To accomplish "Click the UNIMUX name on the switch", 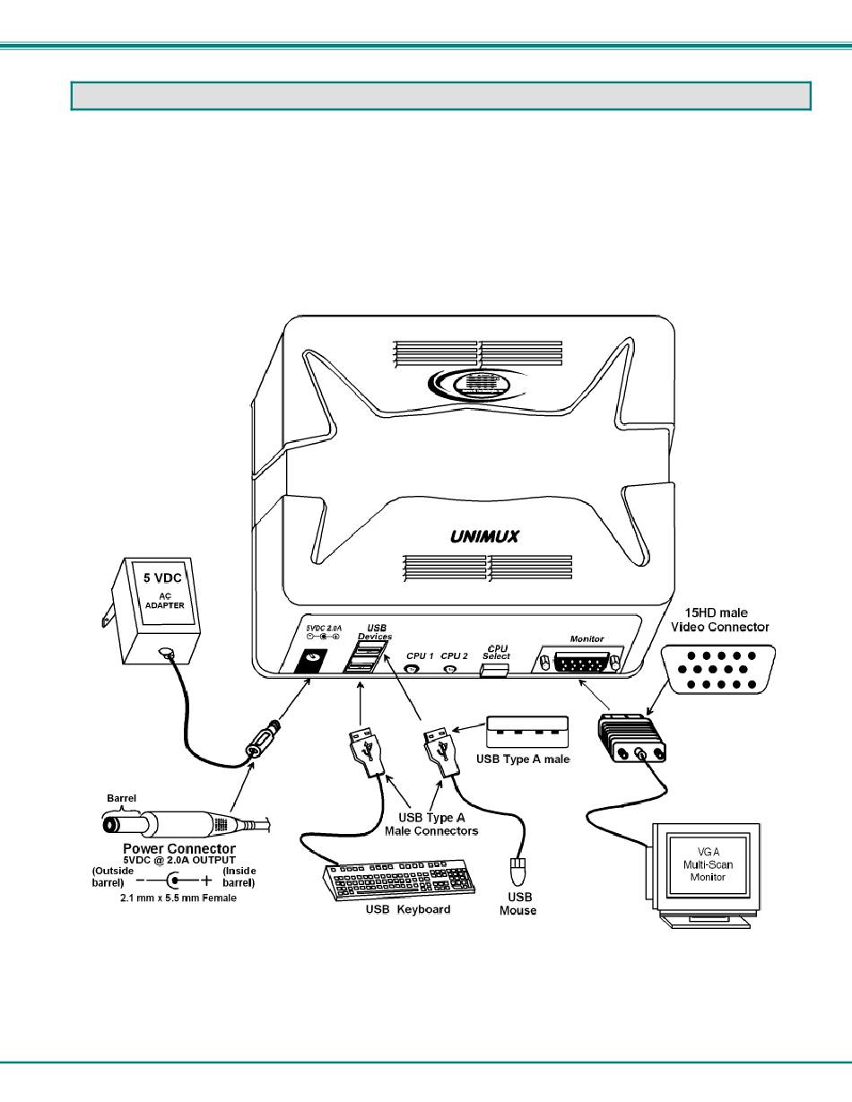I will pyautogui.click(x=483, y=537).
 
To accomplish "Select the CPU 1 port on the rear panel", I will pyautogui.click(x=413, y=668).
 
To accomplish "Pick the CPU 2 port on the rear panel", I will pyautogui.click(x=452, y=668).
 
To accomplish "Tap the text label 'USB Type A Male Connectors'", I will pyautogui.click(x=431, y=823).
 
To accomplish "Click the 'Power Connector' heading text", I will pyautogui.click(x=179, y=847).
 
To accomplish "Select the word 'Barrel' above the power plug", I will pyautogui.click(x=122, y=797).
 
